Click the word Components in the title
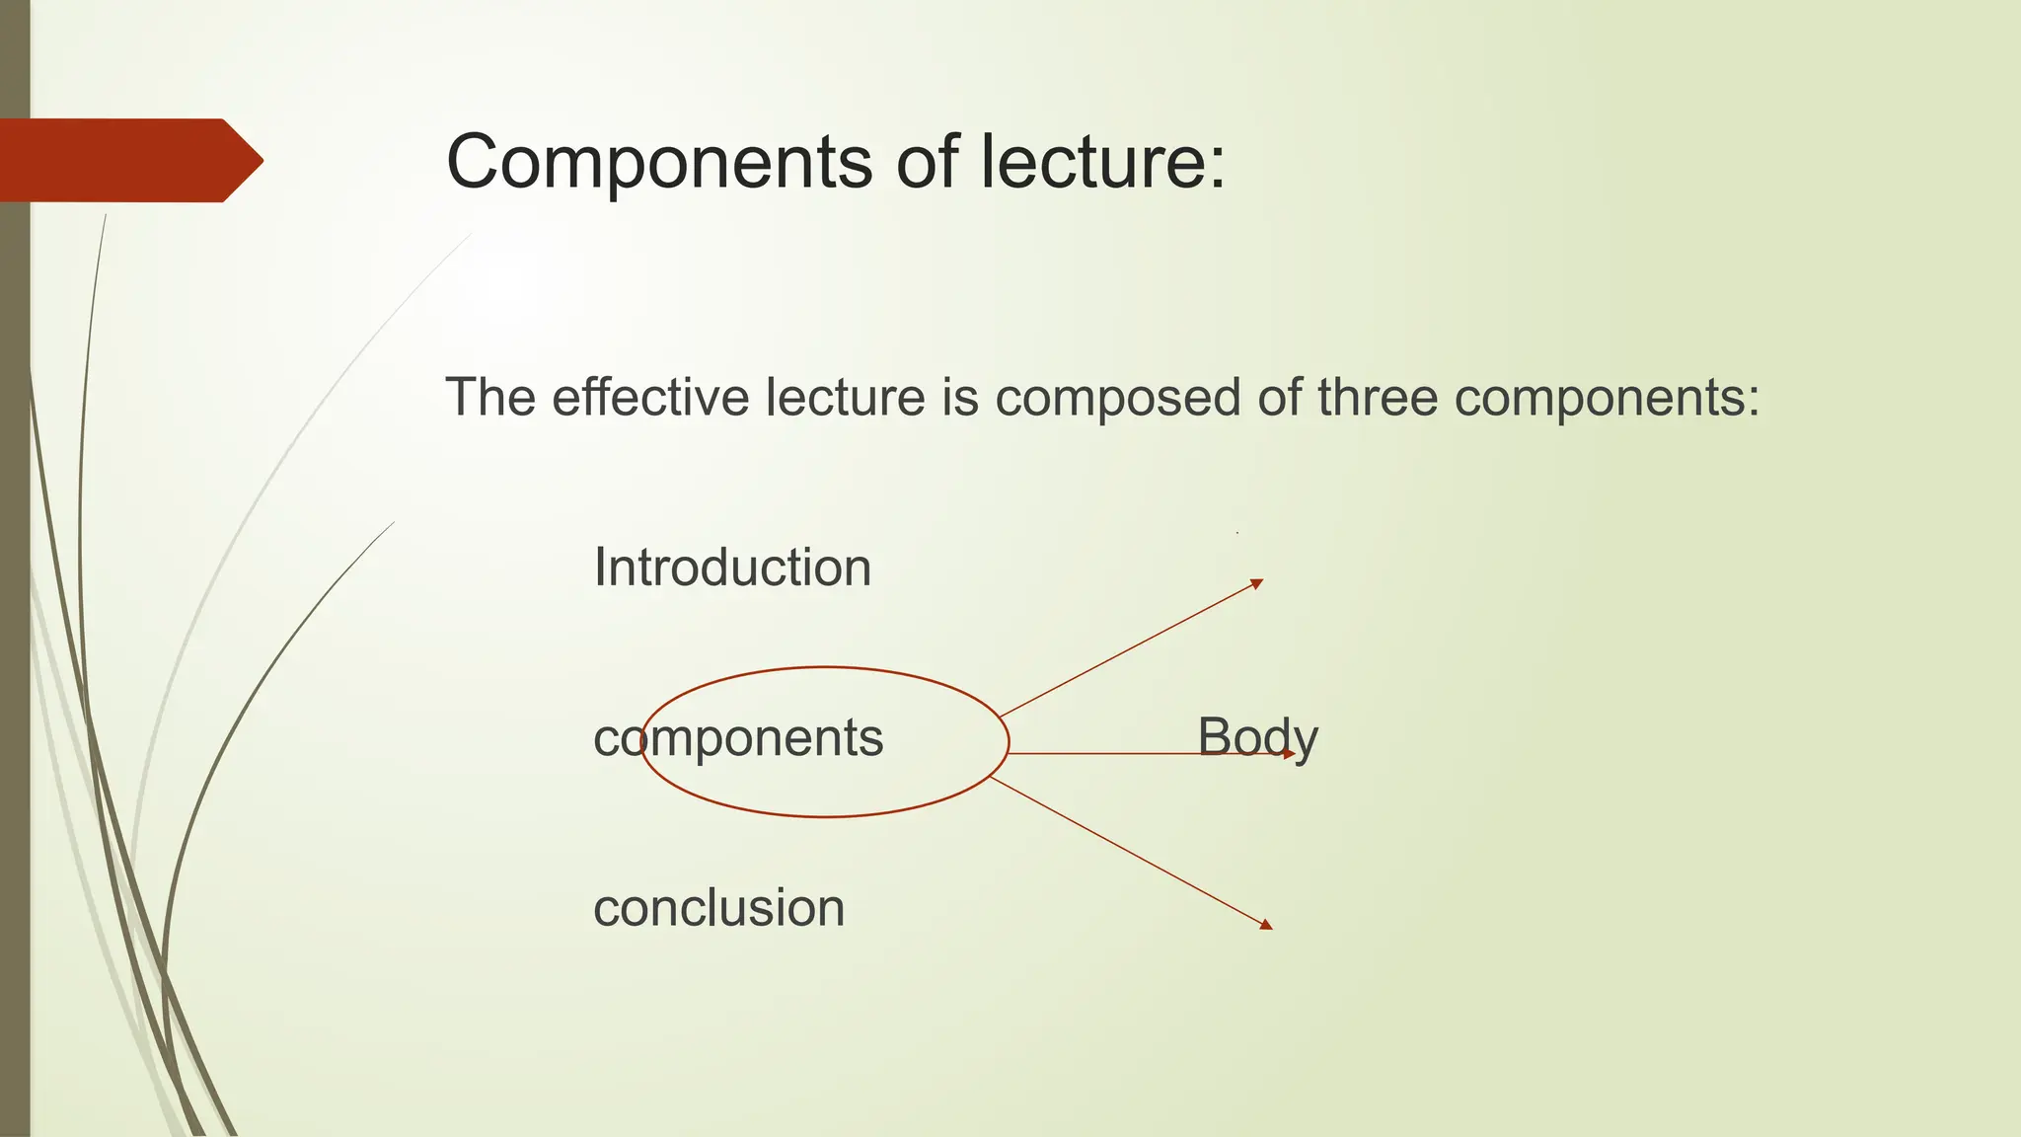[659, 162]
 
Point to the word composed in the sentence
[1117, 399]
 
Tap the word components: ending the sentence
[1608, 399]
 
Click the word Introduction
[732, 568]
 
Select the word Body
[1257, 738]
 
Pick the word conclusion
[718, 908]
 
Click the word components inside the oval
[738, 738]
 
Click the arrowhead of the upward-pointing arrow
[1257, 583]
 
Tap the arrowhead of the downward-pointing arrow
[1266, 925]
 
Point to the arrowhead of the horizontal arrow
[1289, 754]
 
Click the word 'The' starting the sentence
[490, 397]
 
